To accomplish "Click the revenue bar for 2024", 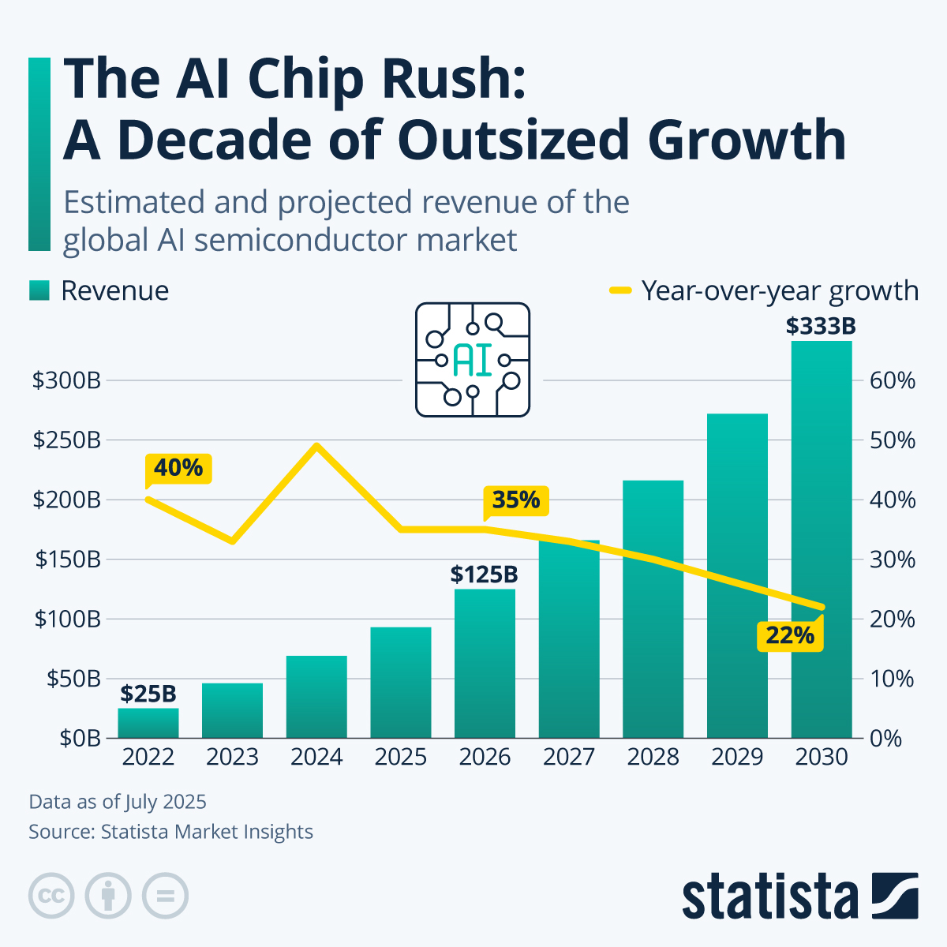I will (x=316, y=698).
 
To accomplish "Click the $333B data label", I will (x=821, y=326).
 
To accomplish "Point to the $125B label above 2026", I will (x=485, y=574).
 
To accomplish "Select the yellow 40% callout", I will (x=178, y=468).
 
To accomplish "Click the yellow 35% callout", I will (x=516, y=500).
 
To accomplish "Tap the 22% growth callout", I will (x=790, y=634).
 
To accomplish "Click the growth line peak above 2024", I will (x=316, y=446).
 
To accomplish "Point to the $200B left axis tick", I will (x=67, y=500).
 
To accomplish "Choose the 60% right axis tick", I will (x=893, y=380).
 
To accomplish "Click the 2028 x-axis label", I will (x=653, y=757).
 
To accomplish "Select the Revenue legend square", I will (x=39, y=290).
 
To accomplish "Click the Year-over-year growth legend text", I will (x=780, y=290).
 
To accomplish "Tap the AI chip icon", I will (x=473, y=360).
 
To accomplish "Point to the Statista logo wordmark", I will (x=770, y=897).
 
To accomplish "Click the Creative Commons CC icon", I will (x=51, y=896).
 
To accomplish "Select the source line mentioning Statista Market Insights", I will (x=171, y=832).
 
